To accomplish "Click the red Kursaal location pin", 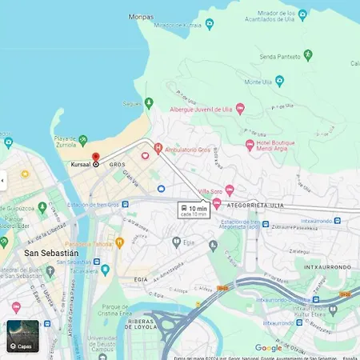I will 96,158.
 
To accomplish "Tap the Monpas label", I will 142,16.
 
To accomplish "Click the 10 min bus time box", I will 193,210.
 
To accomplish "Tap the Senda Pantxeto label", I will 279,55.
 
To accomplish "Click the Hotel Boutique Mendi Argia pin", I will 250,144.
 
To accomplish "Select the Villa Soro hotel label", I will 210,190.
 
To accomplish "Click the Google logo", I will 268,347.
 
